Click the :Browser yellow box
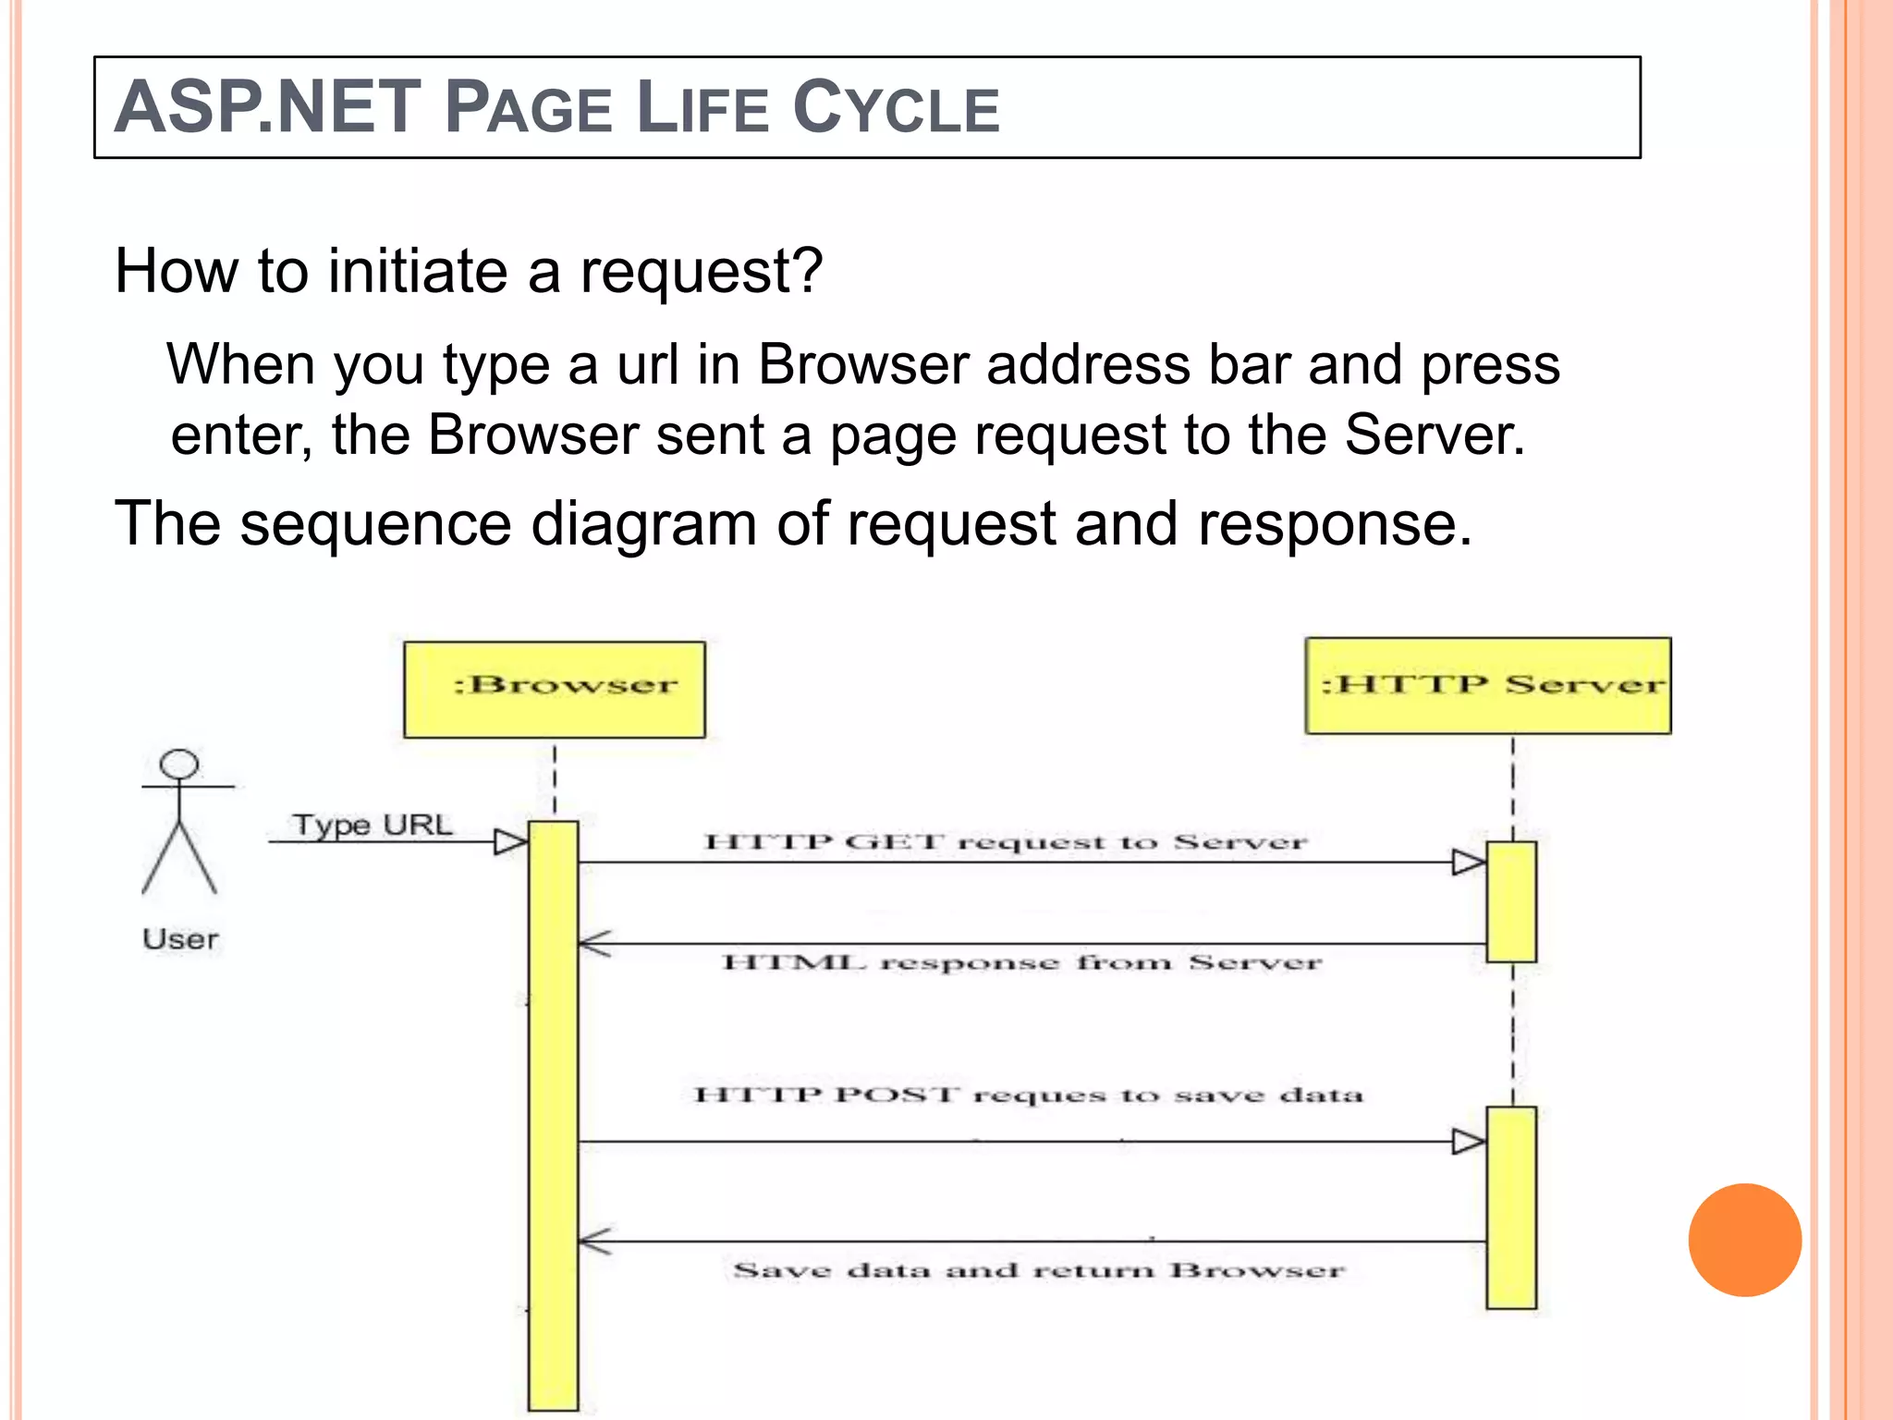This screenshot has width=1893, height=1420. (555, 690)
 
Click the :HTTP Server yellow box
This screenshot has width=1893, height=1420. (1487, 686)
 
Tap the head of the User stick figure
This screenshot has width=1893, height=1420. (178, 765)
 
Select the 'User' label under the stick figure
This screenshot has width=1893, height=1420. (180, 939)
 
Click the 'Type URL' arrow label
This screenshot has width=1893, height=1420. (372, 824)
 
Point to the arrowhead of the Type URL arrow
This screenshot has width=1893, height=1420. (510, 842)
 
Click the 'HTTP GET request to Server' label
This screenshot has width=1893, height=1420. (1006, 842)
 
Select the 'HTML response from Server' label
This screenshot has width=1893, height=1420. (1021, 963)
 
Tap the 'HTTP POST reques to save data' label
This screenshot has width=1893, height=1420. (1028, 1096)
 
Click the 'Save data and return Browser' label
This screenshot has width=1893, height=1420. (1038, 1270)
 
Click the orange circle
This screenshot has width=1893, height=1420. (1744, 1240)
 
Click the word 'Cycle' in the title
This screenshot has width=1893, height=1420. (896, 108)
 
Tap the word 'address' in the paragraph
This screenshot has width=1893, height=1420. (1088, 364)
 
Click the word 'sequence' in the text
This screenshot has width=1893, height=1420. (375, 524)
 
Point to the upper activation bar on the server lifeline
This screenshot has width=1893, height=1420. (1511, 901)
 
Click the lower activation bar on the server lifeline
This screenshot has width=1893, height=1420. (1511, 1206)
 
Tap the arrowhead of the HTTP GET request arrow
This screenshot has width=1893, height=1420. (1469, 863)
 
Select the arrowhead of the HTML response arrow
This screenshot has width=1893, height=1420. (593, 944)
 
